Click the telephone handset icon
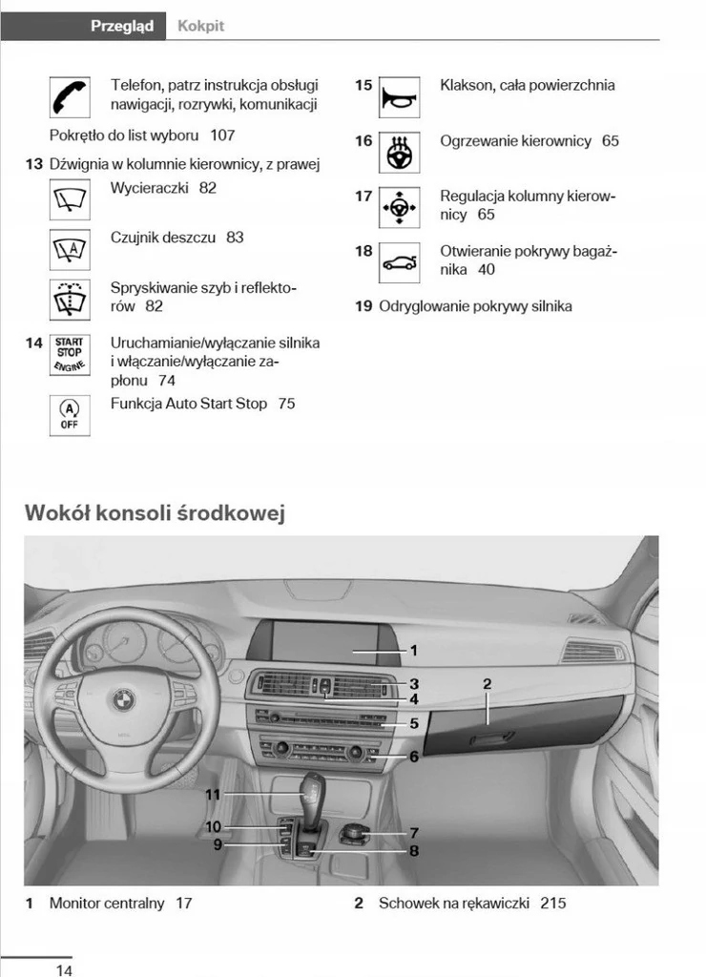click(x=69, y=96)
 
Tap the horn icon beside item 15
click(x=399, y=96)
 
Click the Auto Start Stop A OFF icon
click(x=69, y=415)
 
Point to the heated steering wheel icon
click(x=399, y=153)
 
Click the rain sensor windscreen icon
click(x=69, y=248)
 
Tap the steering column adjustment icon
click(x=399, y=208)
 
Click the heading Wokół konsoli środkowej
click(x=155, y=513)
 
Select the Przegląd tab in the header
click(x=121, y=26)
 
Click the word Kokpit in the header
click(x=200, y=26)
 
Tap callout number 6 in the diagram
click(x=414, y=757)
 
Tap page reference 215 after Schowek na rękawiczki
click(x=552, y=903)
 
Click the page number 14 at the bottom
click(x=64, y=970)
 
